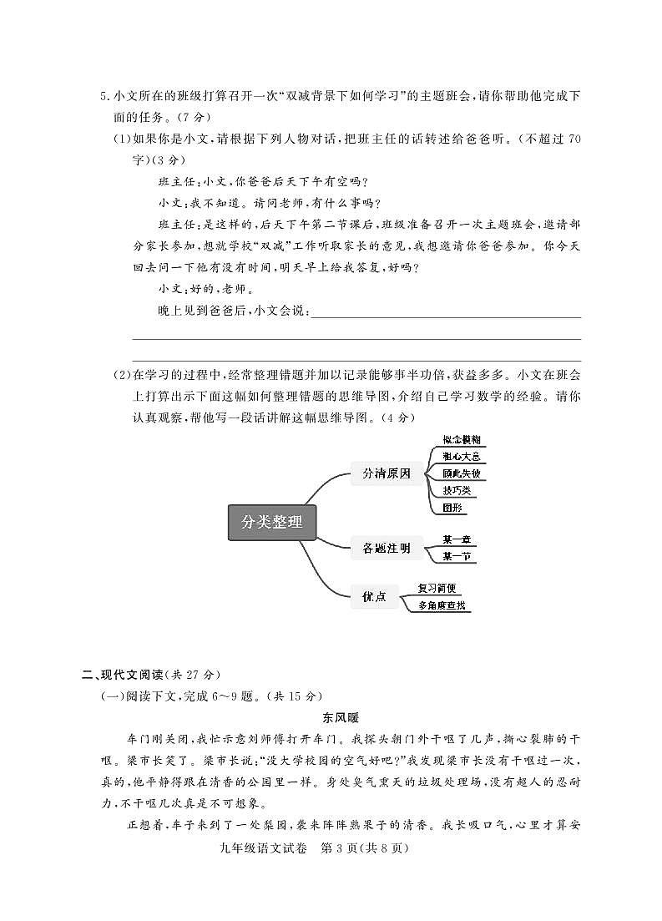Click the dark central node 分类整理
click(272, 523)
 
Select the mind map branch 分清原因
click(386, 473)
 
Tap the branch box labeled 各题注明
click(386, 549)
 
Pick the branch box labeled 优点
click(374, 596)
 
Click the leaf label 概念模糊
click(461, 440)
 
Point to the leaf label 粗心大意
click(461, 457)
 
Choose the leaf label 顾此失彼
click(461, 473)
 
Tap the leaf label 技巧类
click(457, 490)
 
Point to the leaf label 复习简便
click(437, 589)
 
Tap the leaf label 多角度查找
click(442, 605)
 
